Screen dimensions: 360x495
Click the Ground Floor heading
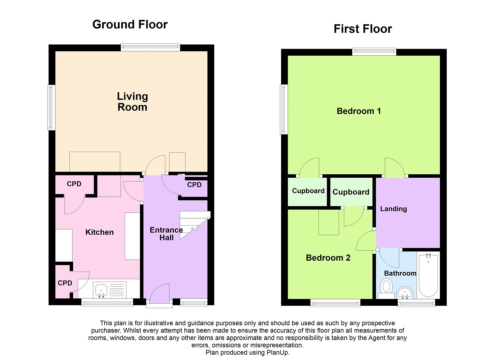(x=130, y=24)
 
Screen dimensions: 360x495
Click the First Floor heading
(x=362, y=29)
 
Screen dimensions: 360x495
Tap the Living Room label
(x=132, y=102)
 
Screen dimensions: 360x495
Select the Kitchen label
(x=99, y=232)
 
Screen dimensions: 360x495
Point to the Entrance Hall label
(x=166, y=234)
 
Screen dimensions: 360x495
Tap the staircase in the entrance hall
(x=193, y=225)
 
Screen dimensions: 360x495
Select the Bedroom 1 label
(x=359, y=111)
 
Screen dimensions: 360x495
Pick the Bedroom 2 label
(x=328, y=258)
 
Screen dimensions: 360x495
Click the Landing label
(x=393, y=209)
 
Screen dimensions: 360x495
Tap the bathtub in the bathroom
(x=428, y=275)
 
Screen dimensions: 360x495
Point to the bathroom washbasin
(x=405, y=293)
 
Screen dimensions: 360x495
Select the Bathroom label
(x=400, y=273)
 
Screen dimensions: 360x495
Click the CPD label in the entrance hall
(x=194, y=185)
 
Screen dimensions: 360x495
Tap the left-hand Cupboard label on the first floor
(x=308, y=191)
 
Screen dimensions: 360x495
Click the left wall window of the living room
(x=51, y=107)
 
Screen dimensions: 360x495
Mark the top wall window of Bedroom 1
(x=374, y=52)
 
